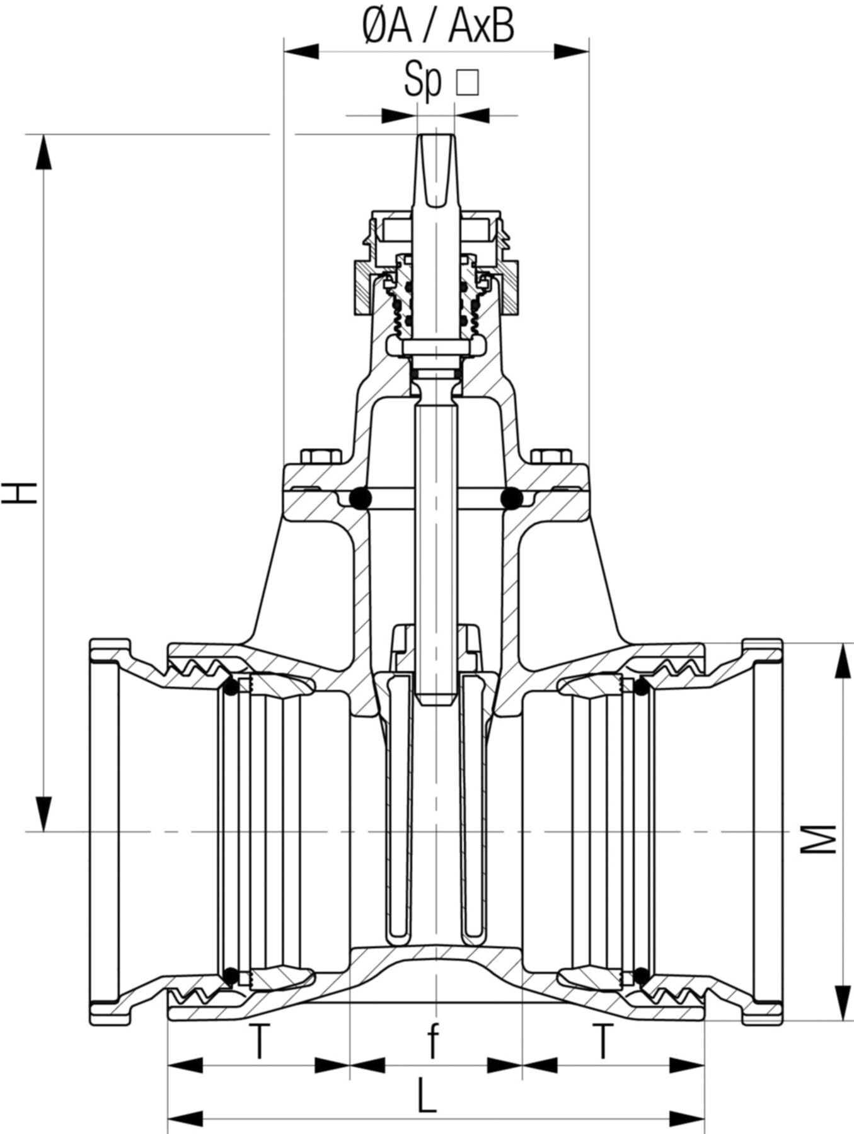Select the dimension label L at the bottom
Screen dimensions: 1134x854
pyautogui.click(x=427, y=1096)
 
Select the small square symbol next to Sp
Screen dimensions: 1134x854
pyautogui.click(x=467, y=83)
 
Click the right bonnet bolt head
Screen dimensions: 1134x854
pyautogui.click(x=551, y=456)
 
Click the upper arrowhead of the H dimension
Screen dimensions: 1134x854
pyautogui.click(x=43, y=151)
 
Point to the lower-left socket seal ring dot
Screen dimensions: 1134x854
pyautogui.click(x=231, y=994)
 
